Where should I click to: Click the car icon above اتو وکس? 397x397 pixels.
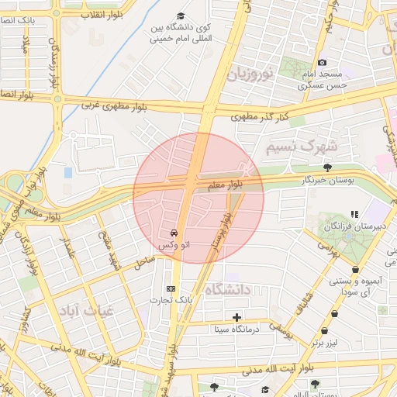tap(173, 233)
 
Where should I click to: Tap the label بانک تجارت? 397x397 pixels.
tap(171, 300)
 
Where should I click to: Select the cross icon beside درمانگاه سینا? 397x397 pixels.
tap(236, 317)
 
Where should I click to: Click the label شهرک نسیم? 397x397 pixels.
tap(302, 145)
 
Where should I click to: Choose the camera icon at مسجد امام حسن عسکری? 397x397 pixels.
tap(323, 62)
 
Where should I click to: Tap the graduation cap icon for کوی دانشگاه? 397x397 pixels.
tap(181, 16)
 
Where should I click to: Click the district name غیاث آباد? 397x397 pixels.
tap(87, 308)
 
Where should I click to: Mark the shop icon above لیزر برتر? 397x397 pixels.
tap(334, 314)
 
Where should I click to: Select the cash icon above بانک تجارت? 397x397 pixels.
tap(171, 288)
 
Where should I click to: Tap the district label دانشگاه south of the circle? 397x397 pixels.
tap(230, 289)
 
